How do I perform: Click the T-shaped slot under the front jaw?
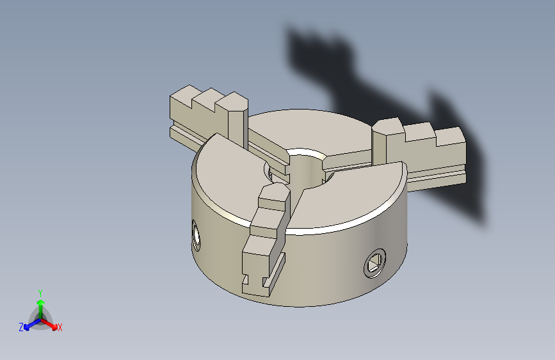coord(255,282)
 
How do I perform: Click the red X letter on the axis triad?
coord(60,327)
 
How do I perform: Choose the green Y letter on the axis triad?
coord(40,291)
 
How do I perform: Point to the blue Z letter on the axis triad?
coord(21,327)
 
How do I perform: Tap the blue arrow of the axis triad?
coord(29,325)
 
